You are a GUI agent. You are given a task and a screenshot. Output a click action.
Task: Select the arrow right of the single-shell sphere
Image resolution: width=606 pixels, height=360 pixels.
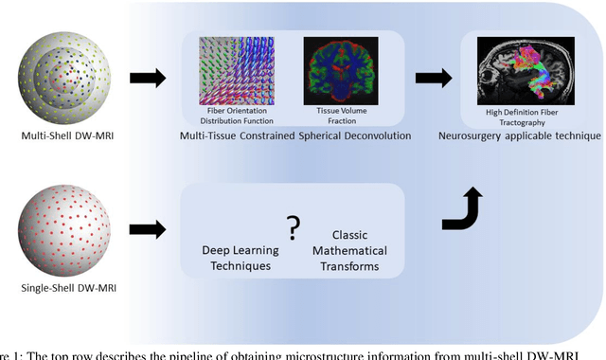[x=147, y=228]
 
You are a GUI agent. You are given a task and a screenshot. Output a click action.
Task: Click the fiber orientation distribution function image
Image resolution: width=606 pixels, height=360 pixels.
[x=236, y=70]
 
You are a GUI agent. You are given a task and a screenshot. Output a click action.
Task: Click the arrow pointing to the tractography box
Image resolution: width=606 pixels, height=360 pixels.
[x=434, y=79]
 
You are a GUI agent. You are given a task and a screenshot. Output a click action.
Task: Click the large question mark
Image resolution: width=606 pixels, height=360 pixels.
[x=294, y=227]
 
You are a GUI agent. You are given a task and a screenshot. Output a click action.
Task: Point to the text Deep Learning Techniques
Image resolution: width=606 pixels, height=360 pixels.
[x=241, y=258]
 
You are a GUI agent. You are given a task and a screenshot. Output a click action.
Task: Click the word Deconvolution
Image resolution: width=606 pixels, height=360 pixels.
[x=375, y=136]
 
